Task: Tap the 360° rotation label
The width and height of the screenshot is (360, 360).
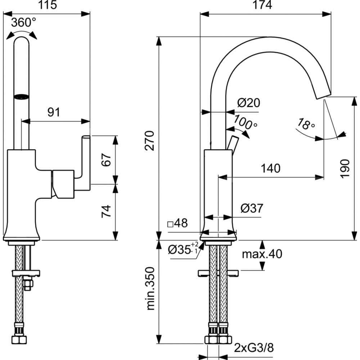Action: coord(23,23)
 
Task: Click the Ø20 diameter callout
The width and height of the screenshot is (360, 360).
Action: coord(248,103)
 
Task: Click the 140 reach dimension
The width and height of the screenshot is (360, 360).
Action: coord(270,168)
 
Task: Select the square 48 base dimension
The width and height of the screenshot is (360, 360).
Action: coord(178,224)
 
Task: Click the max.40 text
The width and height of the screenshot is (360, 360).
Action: coord(262,254)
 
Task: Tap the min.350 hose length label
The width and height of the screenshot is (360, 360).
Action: coord(151,288)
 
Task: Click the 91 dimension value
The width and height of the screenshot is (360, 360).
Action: coord(54,112)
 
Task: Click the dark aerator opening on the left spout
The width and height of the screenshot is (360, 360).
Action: coord(21,96)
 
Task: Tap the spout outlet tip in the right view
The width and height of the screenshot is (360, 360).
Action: coord(322,94)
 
